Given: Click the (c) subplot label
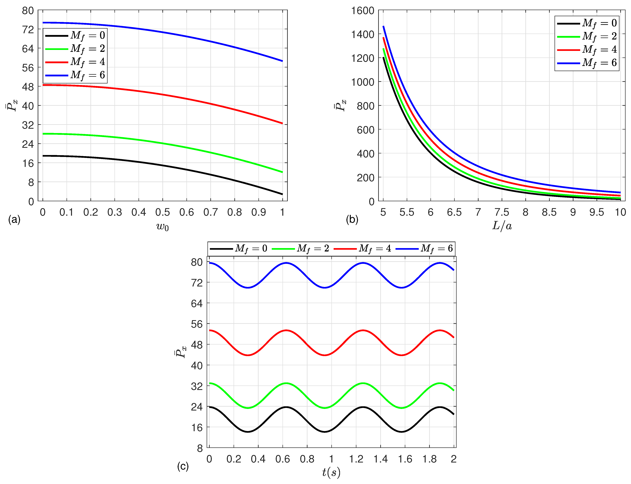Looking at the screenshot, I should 183,466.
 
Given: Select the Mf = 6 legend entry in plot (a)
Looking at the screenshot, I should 75,75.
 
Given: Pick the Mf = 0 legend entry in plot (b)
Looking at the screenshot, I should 587,23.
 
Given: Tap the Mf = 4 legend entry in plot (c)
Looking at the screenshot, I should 362,248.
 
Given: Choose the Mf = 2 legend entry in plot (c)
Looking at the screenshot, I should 301,248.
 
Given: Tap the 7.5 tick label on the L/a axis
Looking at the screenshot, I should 502,212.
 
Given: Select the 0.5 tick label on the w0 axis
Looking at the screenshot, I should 163,212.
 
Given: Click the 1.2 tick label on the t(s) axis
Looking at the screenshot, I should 356,459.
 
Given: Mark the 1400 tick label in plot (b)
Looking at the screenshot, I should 362,35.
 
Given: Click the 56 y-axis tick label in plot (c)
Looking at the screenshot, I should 197,324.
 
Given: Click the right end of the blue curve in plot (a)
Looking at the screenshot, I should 282,61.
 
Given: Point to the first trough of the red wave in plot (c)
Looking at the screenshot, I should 248,355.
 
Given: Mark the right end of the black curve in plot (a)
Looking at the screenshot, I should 282,194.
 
